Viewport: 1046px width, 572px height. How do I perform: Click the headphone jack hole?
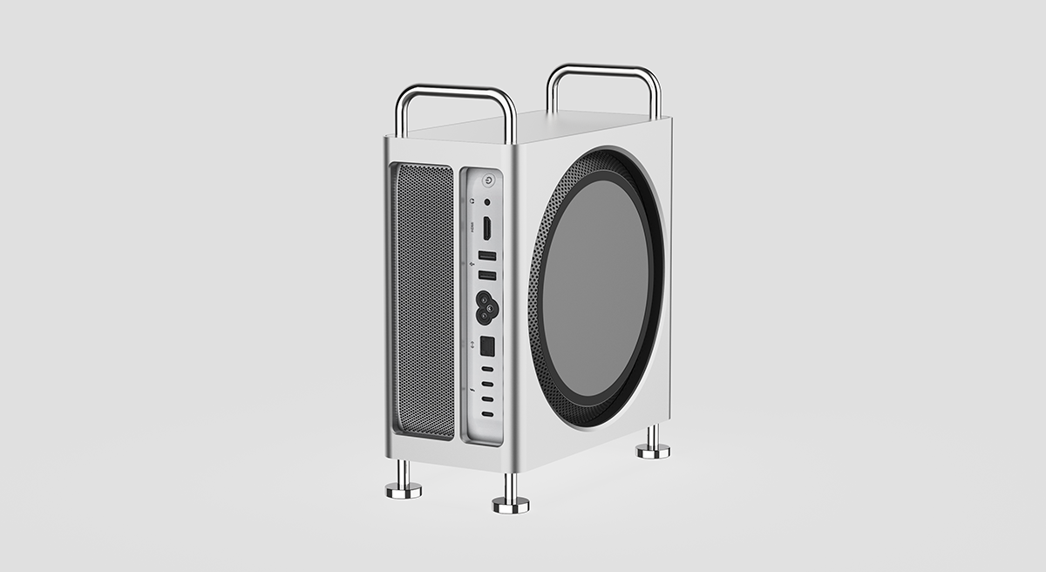486,202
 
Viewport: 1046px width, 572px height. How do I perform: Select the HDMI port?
486,229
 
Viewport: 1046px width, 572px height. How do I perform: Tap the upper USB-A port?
487,256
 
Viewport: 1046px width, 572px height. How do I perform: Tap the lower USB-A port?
487,276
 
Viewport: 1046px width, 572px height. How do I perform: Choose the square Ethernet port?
487,345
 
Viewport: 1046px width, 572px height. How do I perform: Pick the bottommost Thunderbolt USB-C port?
487,414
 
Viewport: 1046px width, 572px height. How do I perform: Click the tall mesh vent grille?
424,301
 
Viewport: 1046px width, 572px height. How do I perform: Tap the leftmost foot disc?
404,490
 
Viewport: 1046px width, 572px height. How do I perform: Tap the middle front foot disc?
511,504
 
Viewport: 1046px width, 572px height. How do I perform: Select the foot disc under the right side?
652,450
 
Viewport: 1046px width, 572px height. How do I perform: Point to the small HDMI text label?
472,228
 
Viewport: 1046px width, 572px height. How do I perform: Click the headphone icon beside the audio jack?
472,201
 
